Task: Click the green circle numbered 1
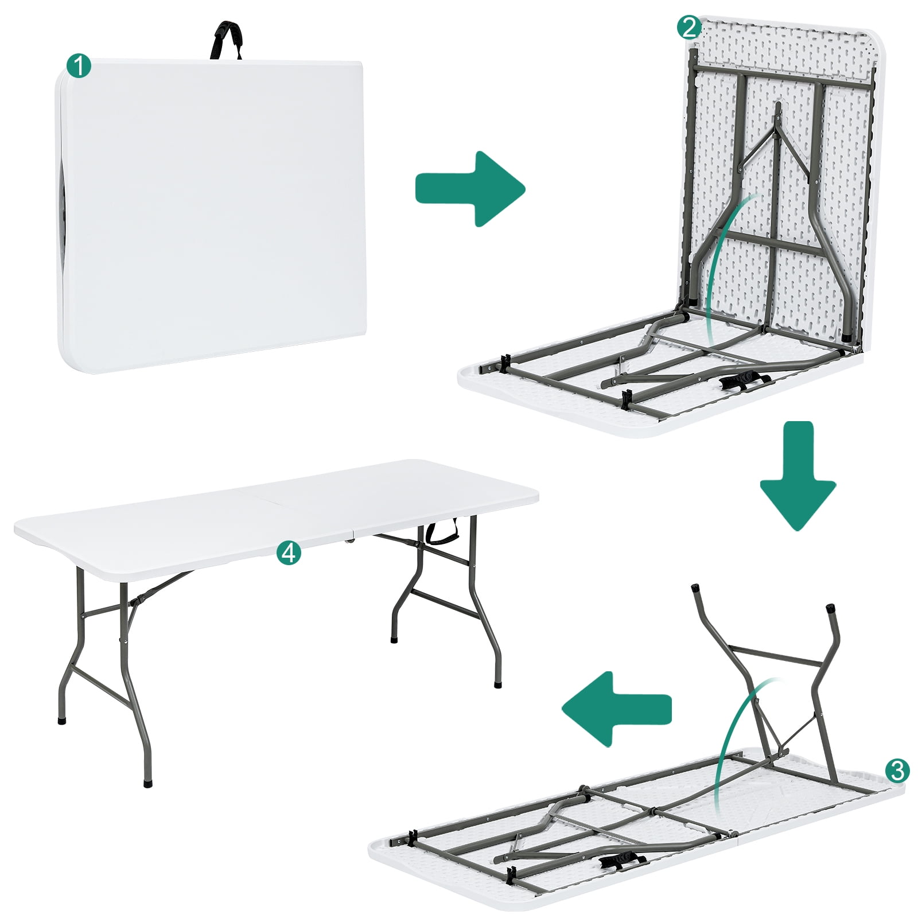(79, 66)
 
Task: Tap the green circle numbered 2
(688, 27)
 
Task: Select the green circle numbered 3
(897, 770)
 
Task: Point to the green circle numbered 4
(288, 553)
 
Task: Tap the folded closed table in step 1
(212, 212)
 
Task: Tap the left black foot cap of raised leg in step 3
(696, 588)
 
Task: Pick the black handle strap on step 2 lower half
(743, 381)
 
